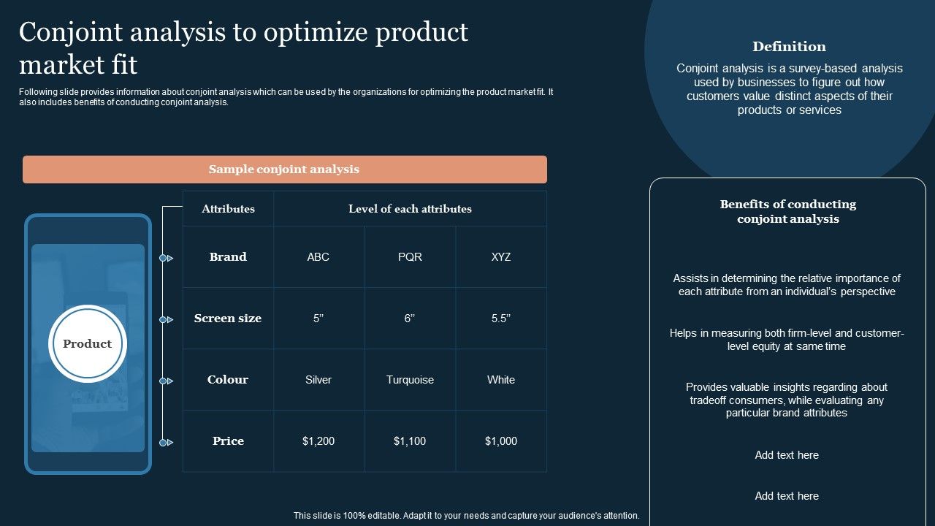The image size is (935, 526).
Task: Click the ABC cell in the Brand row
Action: (318, 257)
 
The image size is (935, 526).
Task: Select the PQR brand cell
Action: (410, 257)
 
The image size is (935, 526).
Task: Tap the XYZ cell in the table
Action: (501, 257)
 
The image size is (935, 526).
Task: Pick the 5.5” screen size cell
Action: (501, 319)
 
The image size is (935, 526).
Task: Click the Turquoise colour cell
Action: (410, 380)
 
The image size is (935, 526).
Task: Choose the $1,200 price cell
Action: (318, 441)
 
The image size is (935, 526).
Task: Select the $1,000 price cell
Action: (501, 441)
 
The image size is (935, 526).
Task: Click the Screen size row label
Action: (228, 319)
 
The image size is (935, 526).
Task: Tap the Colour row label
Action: (228, 380)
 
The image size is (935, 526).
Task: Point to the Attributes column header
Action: (228, 209)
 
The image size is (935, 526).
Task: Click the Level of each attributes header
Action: (410, 209)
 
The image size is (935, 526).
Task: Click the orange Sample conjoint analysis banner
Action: (284, 169)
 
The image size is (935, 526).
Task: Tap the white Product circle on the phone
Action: (88, 344)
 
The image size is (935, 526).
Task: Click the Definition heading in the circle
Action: (789, 47)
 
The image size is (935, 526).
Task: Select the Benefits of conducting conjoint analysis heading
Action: (787, 212)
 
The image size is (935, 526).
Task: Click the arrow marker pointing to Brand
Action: (167, 258)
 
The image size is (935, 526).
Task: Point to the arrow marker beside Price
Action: (167, 443)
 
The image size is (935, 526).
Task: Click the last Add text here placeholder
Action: (787, 496)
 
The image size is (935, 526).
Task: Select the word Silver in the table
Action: (318, 380)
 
